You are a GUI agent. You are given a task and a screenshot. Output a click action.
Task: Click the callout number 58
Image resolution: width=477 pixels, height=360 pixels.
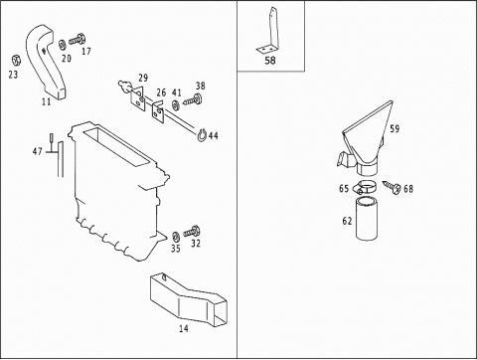pos(270,61)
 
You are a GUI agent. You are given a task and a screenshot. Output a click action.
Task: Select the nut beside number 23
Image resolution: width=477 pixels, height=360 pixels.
pos(16,61)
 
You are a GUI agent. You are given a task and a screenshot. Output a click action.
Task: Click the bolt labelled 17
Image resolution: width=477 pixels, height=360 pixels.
pos(77,41)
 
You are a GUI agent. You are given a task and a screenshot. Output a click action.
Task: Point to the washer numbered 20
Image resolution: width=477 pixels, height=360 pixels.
pos(62,45)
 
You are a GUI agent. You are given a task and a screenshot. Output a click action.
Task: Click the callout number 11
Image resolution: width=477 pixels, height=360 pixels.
pos(47,101)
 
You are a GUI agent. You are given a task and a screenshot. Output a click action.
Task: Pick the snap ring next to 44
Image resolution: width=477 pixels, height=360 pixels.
pos(202,135)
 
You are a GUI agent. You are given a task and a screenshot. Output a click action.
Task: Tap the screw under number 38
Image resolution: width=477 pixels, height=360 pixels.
pos(192,99)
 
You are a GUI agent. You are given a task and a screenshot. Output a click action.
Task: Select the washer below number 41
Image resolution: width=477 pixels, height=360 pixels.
pos(176,105)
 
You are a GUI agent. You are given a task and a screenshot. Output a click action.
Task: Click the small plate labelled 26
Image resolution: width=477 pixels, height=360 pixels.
pos(158,112)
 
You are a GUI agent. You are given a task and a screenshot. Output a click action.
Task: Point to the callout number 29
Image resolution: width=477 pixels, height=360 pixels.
pos(143,79)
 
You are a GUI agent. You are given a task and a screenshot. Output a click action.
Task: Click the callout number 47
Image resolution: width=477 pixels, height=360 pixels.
pos(38,151)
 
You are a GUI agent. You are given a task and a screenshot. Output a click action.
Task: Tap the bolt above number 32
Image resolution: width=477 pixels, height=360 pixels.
pos(192,232)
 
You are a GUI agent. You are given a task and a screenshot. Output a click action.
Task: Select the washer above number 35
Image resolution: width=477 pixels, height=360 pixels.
pos(175,237)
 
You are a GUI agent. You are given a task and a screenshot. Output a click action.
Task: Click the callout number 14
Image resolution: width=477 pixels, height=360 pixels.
pos(184,328)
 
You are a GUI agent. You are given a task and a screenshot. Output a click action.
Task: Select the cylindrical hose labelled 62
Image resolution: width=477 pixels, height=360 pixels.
pos(367,218)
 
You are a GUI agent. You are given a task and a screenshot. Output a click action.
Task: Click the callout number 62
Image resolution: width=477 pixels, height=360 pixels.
pos(347,221)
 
